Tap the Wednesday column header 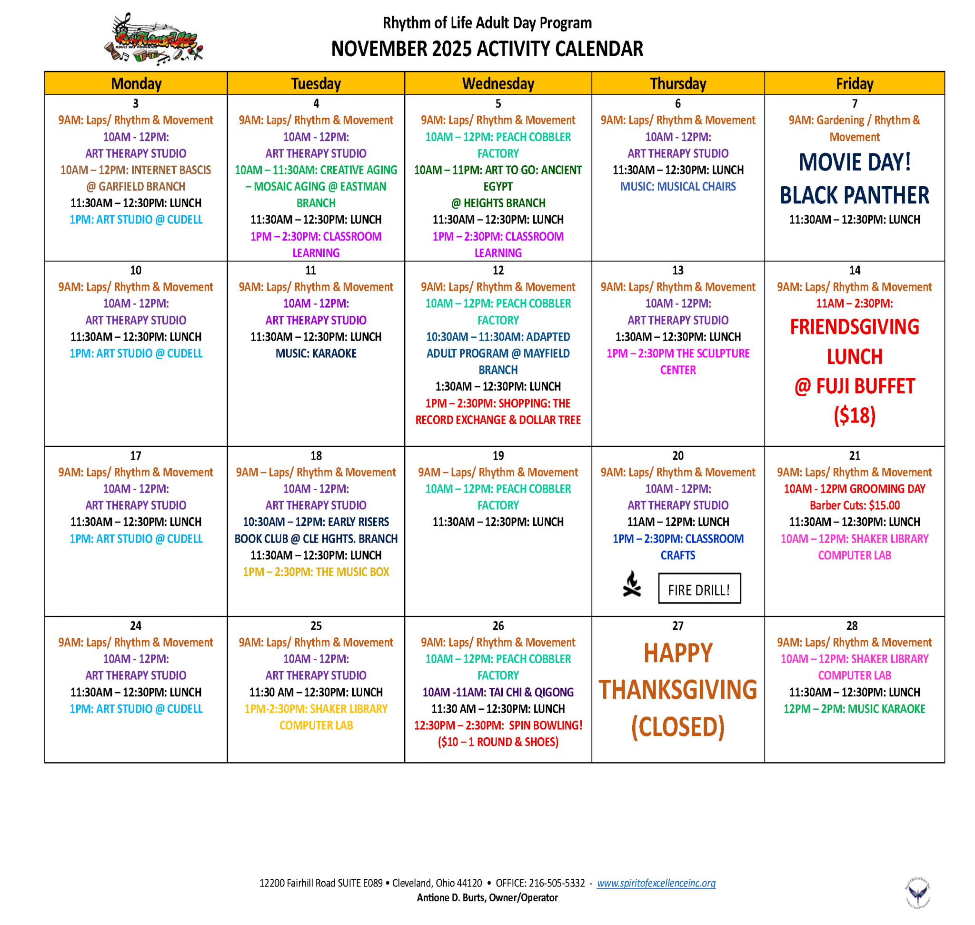pyautogui.click(x=498, y=83)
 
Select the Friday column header pyautogui.click(x=854, y=83)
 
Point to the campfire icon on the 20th pyautogui.click(x=631, y=584)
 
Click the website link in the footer pyautogui.click(x=656, y=883)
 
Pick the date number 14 pyautogui.click(x=854, y=270)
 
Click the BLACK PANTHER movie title pyautogui.click(x=854, y=196)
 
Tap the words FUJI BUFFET pyautogui.click(x=865, y=387)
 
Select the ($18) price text pyautogui.click(x=854, y=416)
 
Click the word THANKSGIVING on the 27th pyautogui.click(x=678, y=690)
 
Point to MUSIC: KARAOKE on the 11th pyautogui.click(x=316, y=353)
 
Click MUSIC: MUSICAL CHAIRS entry pyautogui.click(x=678, y=186)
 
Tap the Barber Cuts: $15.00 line pyautogui.click(x=854, y=505)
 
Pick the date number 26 pyautogui.click(x=498, y=626)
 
